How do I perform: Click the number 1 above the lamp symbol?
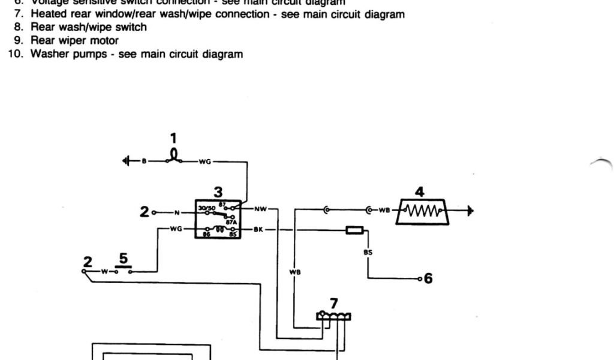pyautogui.click(x=173, y=139)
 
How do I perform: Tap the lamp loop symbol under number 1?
pyautogui.click(x=174, y=157)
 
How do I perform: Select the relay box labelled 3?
pyautogui.click(x=218, y=219)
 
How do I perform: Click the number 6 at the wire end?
pyautogui.click(x=428, y=278)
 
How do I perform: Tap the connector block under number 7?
pyautogui.click(x=334, y=316)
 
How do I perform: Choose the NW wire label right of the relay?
pyautogui.click(x=260, y=209)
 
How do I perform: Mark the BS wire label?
pyautogui.click(x=368, y=253)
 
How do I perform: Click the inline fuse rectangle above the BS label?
pyautogui.click(x=354, y=229)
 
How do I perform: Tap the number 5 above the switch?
pyautogui.click(x=124, y=259)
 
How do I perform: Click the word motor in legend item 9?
pyautogui.click(x=106, y=41)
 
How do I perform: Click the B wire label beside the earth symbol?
pyautogui.click(x=143, y=161)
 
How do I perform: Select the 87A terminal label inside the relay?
pyautogui.click(x=230, y=220)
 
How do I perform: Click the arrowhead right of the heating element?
pyautogui.click(x=472, y=211)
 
